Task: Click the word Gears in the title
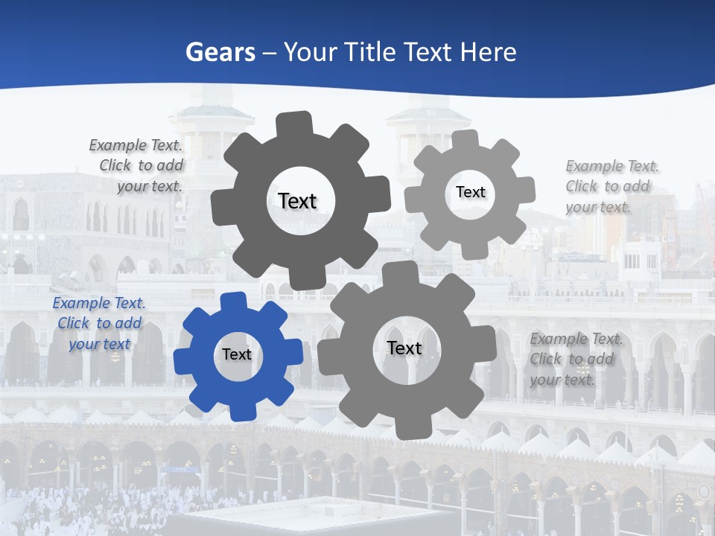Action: pos(220,52)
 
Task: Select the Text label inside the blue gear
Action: pos(237,355)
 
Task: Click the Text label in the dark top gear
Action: pos(297,201)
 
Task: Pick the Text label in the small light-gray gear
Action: pos(470,192)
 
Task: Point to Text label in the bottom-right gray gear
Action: pos(404,348)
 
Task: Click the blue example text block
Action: pos(98,323)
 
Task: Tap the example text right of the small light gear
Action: pos(611,186)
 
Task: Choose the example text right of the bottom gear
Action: pos(576,359)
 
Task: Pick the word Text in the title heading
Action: pos(429,52)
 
